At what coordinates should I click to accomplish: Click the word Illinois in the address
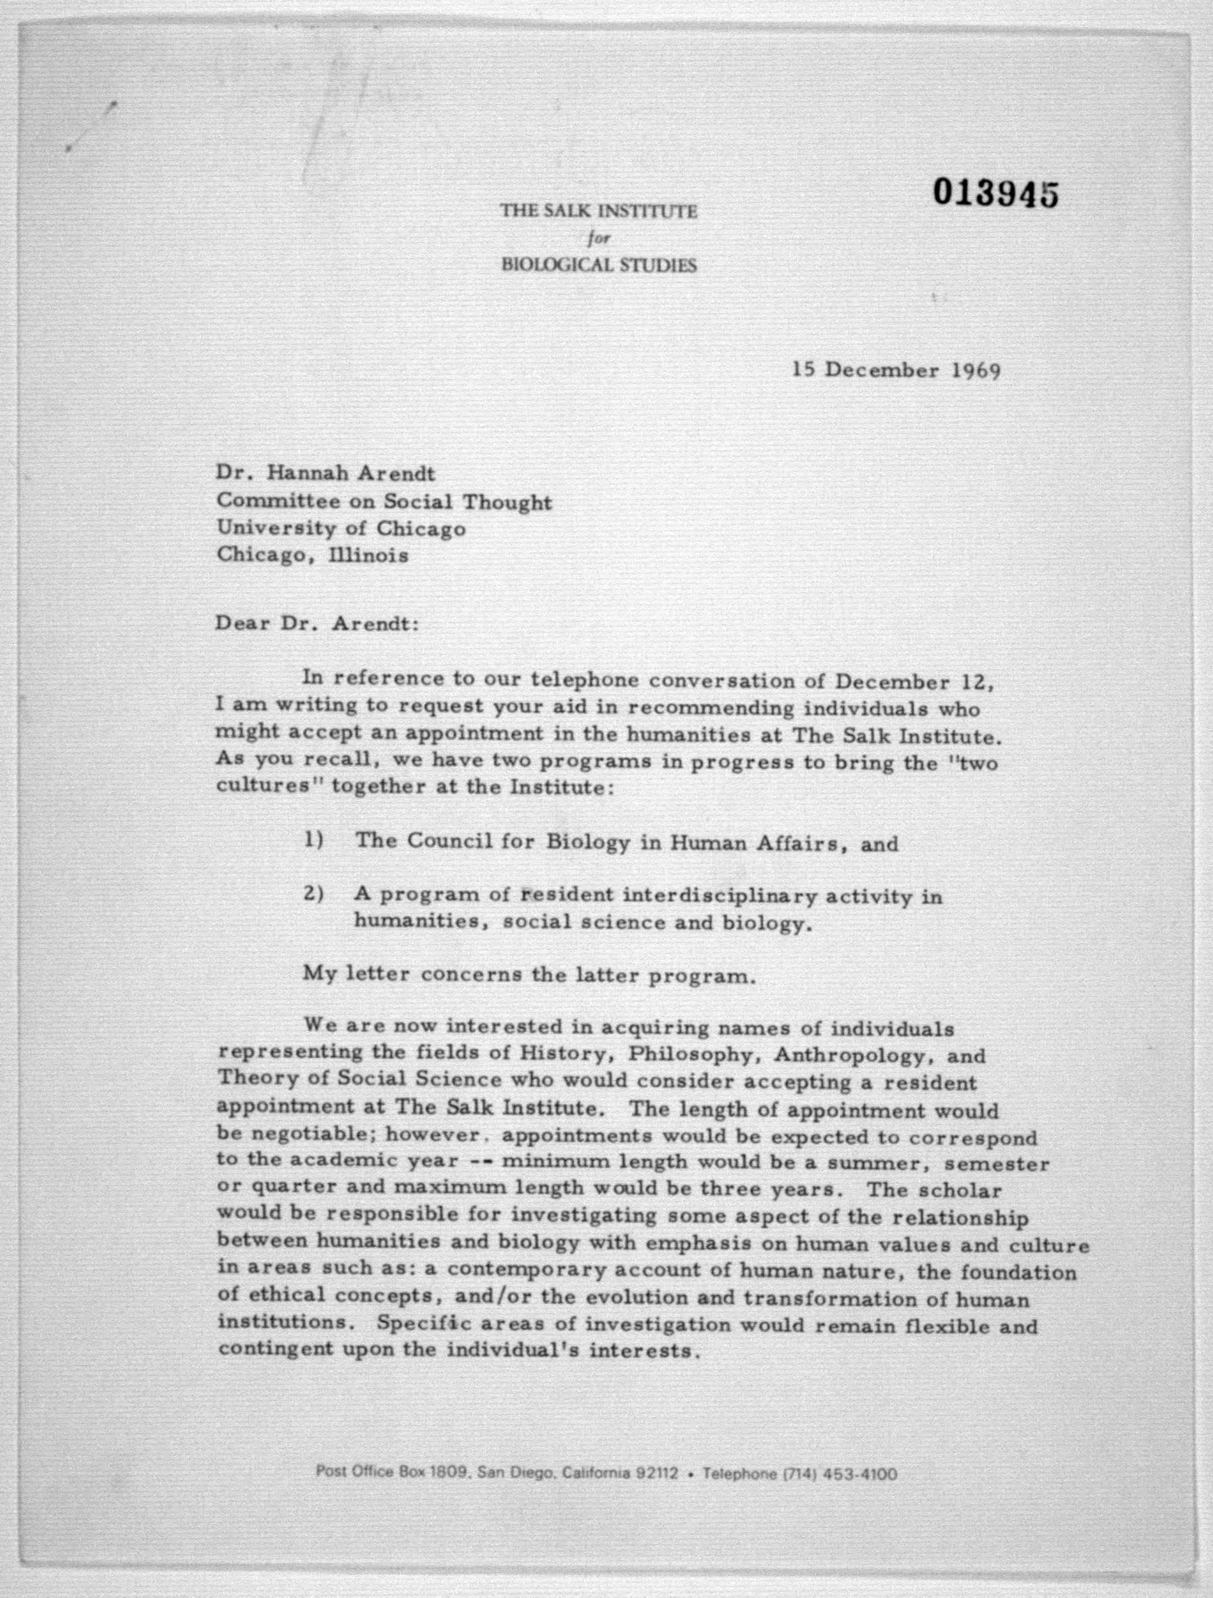point(368,556)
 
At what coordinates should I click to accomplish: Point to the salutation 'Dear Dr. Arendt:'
point(316,623)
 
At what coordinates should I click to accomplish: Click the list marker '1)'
point(312,840)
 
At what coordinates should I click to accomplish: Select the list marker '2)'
point(312,894)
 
